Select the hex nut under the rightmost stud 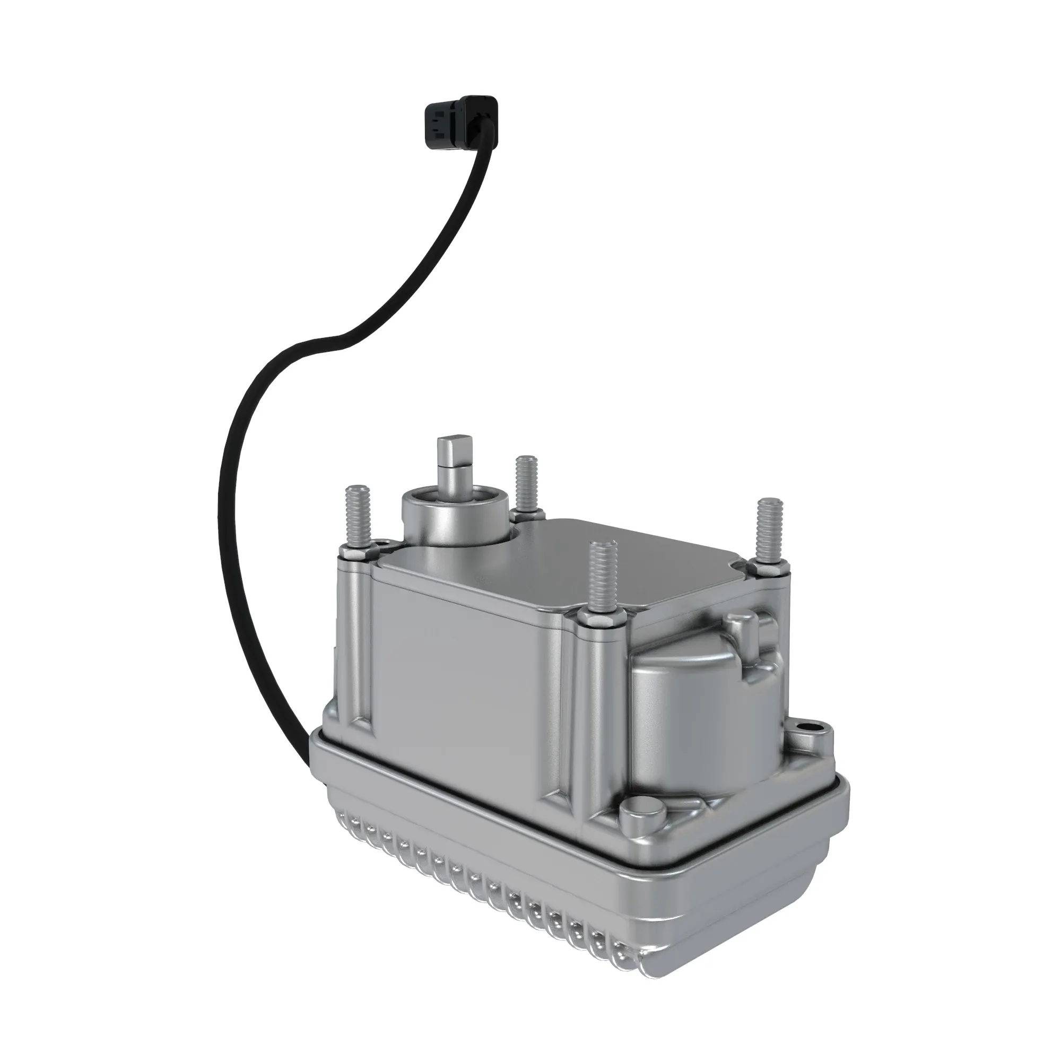pos(767,567)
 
